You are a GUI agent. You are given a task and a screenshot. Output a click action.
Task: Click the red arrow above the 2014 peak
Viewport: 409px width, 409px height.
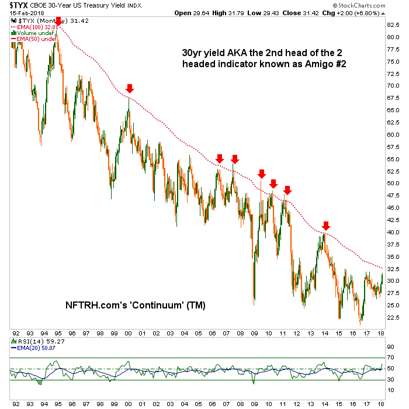click(326, 226)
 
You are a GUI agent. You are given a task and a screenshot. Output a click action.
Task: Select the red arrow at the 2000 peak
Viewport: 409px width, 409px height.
click(130, 88)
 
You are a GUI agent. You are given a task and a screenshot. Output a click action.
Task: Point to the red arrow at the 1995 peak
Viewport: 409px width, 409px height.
click(57, 22)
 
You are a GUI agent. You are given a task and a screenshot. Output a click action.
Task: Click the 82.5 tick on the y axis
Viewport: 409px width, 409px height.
click(393, 25)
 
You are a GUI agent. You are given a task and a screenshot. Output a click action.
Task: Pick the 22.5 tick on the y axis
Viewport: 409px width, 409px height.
click(393, 318)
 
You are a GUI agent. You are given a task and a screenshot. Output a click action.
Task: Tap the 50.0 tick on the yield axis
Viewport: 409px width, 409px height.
click(393, 183)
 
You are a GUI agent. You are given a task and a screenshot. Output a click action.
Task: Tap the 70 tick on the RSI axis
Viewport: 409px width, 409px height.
click(389, 358)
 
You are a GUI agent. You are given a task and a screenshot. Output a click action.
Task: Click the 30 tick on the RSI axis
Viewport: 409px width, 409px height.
click(389, 381)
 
